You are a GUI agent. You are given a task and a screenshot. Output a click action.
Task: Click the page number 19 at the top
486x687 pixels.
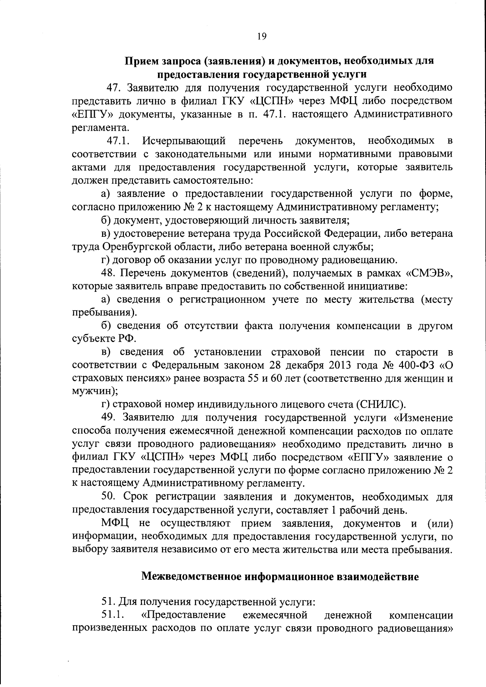(x=261, y=36)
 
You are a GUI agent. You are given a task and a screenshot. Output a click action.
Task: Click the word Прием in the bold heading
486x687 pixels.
(x=141, y=62)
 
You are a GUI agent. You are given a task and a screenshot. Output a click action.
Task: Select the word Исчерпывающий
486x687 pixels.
(x=184, y=141)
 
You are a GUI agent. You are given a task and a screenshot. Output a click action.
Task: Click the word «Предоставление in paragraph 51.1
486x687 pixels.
(x=183, y=616)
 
